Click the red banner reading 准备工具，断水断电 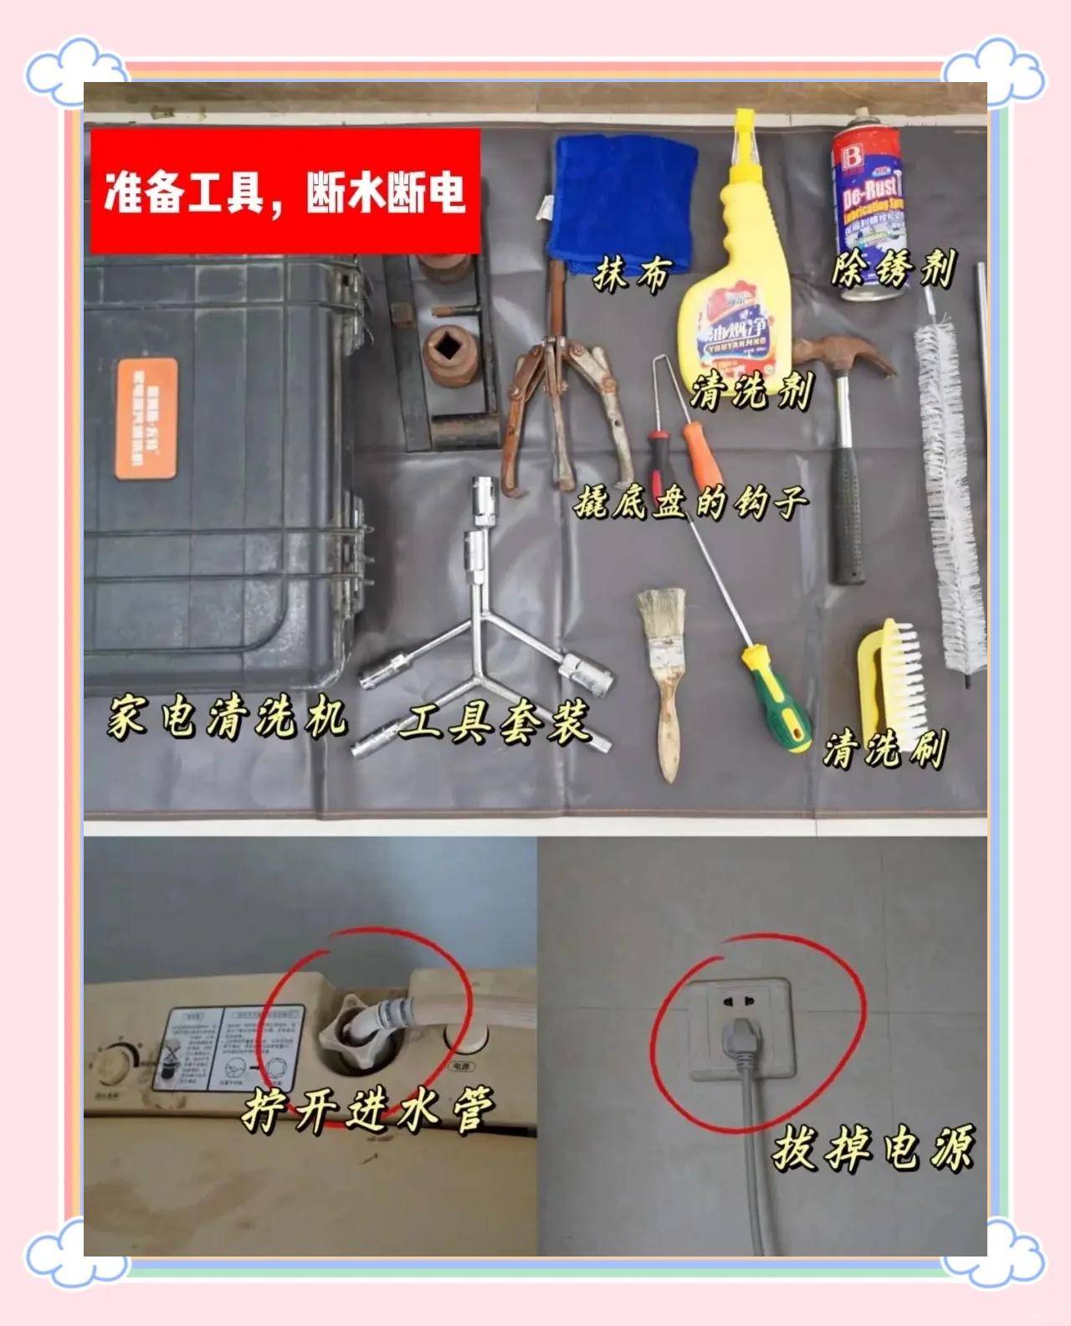pyautogui.click(x=284, y=191)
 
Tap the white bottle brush pyautogui.click(x=951, y=486)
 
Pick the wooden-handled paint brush pyautogui.click(x=665, y=670)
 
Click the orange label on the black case pyautogui.click(x=146, y=419)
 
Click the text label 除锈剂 pyautogui.click(x=892, y=270)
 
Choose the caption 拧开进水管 pyautogui.click(x=368, y=1109)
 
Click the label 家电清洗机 pyautogui.click(x=226, y=718)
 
